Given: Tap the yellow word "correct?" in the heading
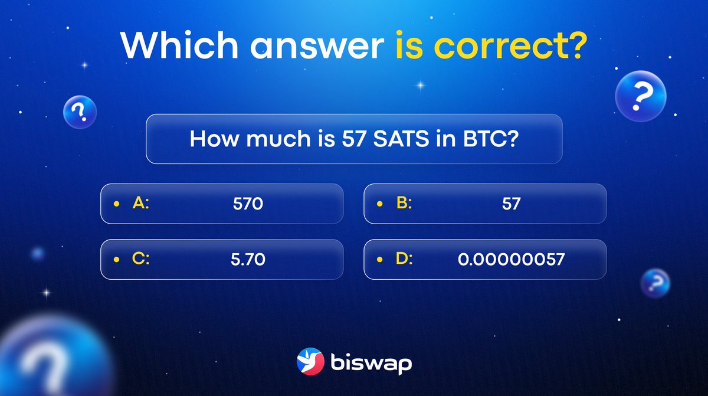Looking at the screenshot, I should [519, 46].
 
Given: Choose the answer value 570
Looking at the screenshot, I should [247, 204].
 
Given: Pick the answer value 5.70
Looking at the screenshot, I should [248, 260].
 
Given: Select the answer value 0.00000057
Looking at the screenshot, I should [511, 260].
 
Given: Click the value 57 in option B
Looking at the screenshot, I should [511, 204].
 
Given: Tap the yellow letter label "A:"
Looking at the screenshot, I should [141, 204].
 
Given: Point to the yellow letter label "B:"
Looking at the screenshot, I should [404, 204].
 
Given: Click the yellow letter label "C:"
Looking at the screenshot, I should [141, 259].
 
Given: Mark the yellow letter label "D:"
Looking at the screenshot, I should [404, 259].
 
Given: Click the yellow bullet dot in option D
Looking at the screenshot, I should [379, 260].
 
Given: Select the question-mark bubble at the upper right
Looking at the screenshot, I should [641, 95].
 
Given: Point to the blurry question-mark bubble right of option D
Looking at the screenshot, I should [655, 282].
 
